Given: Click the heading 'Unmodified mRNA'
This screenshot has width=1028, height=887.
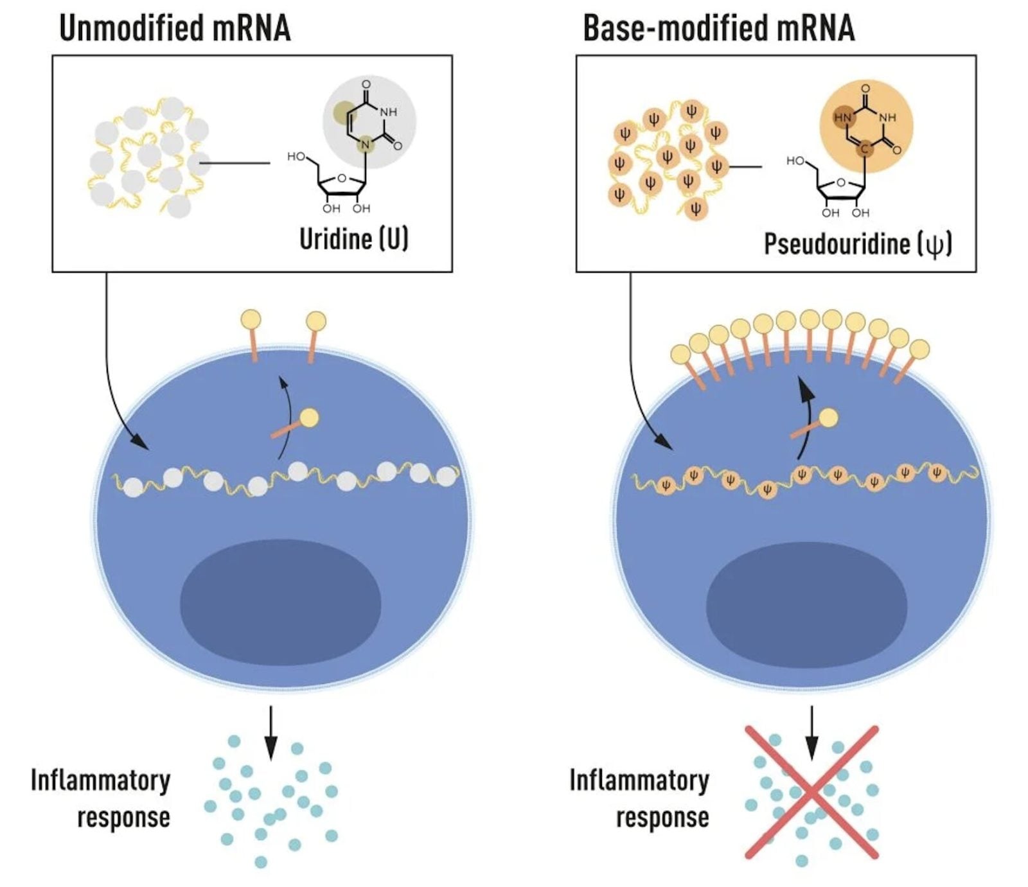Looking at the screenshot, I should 175,28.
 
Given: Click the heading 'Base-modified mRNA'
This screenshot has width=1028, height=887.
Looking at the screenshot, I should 718,28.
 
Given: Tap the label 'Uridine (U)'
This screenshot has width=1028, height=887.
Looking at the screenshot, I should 353,239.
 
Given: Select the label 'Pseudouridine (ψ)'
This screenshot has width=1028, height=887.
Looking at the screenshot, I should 858,244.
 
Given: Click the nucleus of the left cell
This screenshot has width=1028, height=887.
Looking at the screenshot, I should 280,602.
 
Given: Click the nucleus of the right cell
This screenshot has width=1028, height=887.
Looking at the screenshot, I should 806,605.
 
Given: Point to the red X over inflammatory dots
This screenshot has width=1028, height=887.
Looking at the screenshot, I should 811,792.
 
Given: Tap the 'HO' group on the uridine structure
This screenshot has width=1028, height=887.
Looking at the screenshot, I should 296,156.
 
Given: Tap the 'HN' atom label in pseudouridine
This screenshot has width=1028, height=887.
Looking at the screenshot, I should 842,118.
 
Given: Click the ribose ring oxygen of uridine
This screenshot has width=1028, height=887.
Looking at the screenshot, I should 341,178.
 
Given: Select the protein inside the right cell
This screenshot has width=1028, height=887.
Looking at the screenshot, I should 816,424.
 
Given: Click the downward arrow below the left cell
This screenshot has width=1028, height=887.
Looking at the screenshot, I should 271,732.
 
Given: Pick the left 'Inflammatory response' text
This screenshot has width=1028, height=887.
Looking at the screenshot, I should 101,798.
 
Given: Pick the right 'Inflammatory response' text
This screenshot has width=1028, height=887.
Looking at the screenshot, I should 640,798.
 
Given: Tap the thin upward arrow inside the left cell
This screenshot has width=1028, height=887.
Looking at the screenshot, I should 285,417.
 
